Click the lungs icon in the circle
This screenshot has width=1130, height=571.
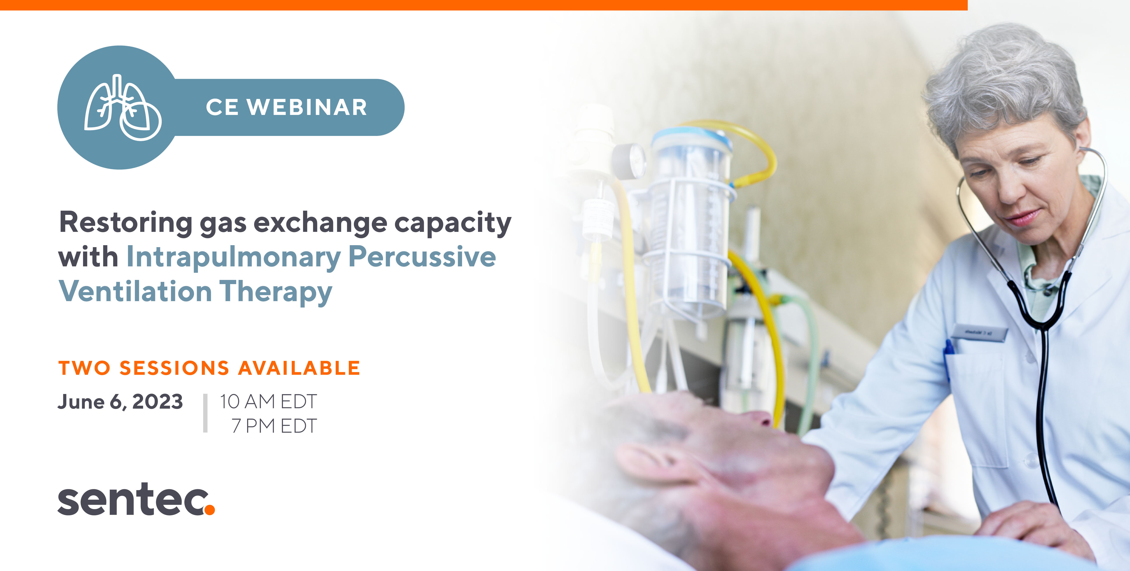coord(123,107)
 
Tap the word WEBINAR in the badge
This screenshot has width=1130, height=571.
coord(307,107)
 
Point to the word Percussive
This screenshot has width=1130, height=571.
coord(422,256)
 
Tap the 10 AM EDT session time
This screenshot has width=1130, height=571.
coord(268,401)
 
